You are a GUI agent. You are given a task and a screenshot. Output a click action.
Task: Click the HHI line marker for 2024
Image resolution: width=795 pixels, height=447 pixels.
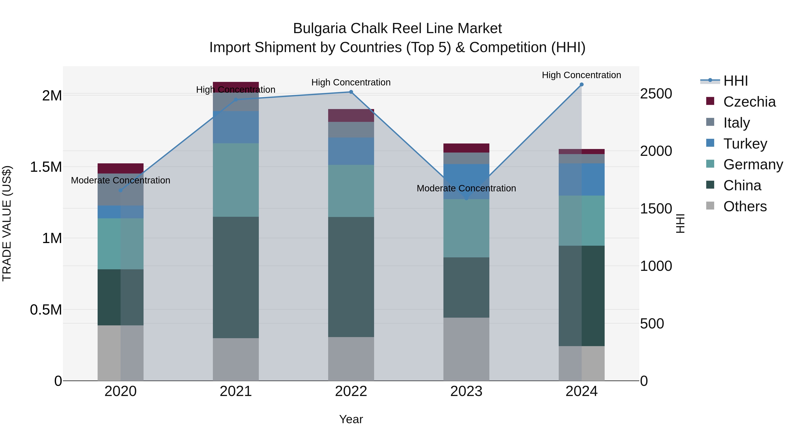pyautogui.click(x=581, y=85)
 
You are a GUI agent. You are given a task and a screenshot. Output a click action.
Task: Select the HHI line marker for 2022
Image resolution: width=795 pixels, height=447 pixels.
pyautogui.click(x=351, y=92)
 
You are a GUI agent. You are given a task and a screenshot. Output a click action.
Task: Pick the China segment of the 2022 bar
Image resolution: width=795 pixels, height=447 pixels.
pyautogui.click(x=351, y=277)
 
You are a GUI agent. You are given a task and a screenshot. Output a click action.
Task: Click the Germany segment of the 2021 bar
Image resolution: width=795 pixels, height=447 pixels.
pyautogui.click(x=236, y=180)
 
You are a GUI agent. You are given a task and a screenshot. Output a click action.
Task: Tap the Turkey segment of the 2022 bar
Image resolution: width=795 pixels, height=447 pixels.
pyautogui.click(x=351, y=151)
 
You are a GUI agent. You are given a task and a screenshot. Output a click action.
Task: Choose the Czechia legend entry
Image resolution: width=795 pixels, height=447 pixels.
pyautogui.click(x=749, y=102)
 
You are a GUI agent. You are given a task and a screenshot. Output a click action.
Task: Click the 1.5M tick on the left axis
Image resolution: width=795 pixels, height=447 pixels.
pyautogui.click(x=46, y=167)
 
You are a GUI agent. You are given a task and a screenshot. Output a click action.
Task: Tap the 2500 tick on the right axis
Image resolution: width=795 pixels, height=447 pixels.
pyautogui.click(x=656, y=94)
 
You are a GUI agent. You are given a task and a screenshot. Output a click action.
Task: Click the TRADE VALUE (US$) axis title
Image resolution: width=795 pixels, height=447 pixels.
pyautogui.click(x=7, y=223)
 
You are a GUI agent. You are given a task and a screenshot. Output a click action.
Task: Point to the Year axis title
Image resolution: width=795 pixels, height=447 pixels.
pyautogui.click(x=351, y=419)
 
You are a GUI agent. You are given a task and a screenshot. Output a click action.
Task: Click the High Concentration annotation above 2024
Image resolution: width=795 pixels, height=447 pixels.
pyautogui.click(x=581, y=75)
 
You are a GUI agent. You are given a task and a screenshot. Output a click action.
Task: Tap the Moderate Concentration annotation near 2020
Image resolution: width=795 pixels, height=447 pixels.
pyautogui.click(x=120, y=180)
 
